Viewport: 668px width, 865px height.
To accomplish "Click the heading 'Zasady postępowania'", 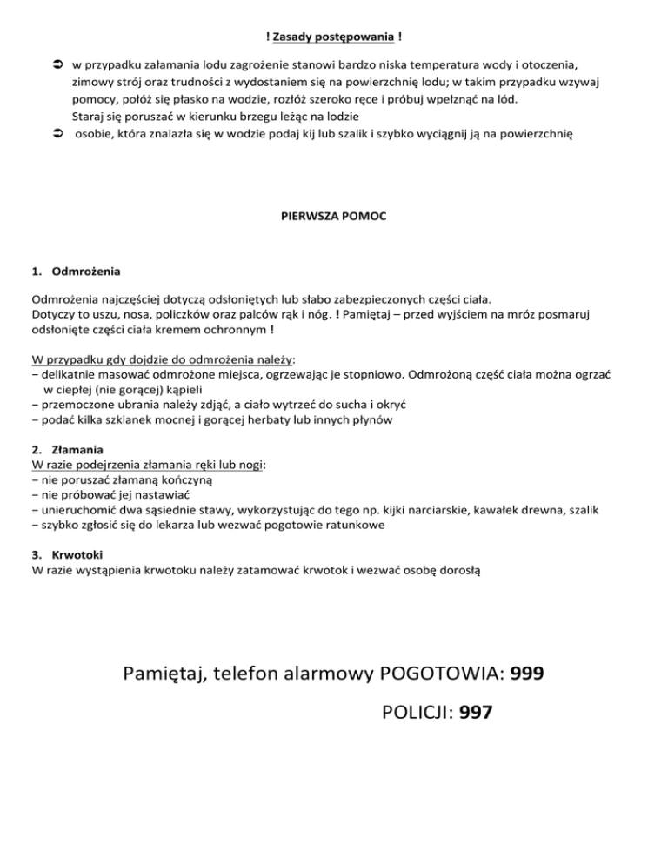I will (x=333, y=37).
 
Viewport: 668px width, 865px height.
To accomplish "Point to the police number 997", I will (x=476, y=713).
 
